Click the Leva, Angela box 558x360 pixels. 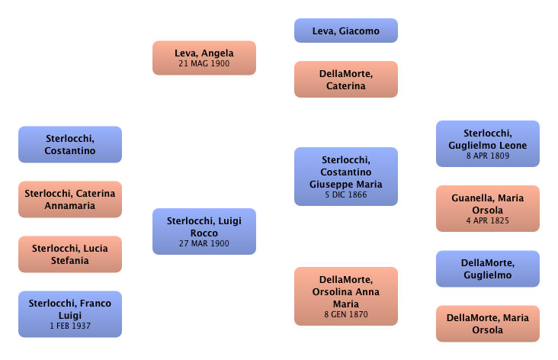(x=204, y=59)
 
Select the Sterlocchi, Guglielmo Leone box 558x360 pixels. (x=489, y=143)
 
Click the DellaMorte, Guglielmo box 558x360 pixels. (x=489, y=269)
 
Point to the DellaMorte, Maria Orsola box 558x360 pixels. (x=489, y=324)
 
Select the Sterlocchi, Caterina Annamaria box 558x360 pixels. (x=70, y=199)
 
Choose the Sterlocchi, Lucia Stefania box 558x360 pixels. (x=70, y=255)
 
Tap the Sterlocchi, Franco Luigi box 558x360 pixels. (x=70, y=313)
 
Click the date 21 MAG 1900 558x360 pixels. (x=204, y=66)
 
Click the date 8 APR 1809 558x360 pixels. (x=489, y=156)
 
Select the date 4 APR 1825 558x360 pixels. (x=489, y=221)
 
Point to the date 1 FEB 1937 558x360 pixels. (x=70, y=325)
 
